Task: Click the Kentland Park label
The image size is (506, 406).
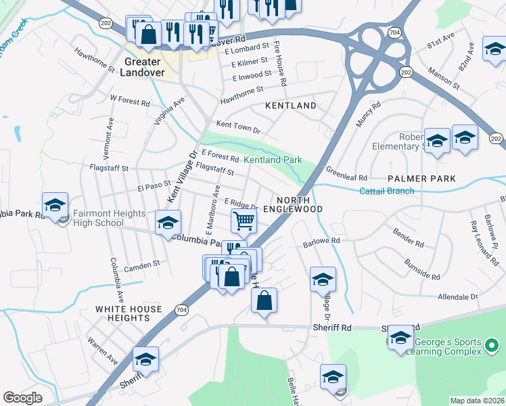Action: tap(273, 160)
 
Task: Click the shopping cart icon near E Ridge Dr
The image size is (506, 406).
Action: tap(243, 220)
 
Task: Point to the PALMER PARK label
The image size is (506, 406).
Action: tap(421, 179)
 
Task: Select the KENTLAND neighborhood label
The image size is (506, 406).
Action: tap(290, 106)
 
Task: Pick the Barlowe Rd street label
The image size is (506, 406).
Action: tap(321, 240)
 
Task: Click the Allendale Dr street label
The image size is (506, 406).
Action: tap(458, 296)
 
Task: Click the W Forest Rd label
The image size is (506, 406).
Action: tap(129, 102)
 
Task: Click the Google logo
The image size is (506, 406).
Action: tap(22, 398)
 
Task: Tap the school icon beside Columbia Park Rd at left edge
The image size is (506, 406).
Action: tap(55, 206)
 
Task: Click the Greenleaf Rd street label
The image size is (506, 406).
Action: tap(346, 173)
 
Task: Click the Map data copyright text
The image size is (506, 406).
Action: tap(477, 401)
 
